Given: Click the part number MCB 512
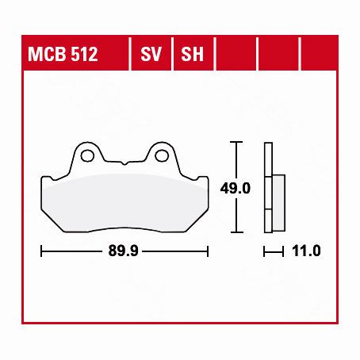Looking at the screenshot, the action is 63,54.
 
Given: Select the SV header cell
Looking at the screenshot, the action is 151,54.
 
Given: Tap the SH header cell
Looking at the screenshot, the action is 193,54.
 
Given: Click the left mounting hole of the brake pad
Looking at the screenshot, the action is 87,155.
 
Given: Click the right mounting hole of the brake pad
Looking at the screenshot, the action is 162,155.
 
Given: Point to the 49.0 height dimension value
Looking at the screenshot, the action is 236,189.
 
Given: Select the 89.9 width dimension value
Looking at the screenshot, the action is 123,251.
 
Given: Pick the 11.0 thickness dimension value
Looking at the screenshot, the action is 306,251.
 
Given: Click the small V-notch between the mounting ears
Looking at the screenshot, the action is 124,163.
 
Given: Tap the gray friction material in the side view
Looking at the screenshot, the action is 278,203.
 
